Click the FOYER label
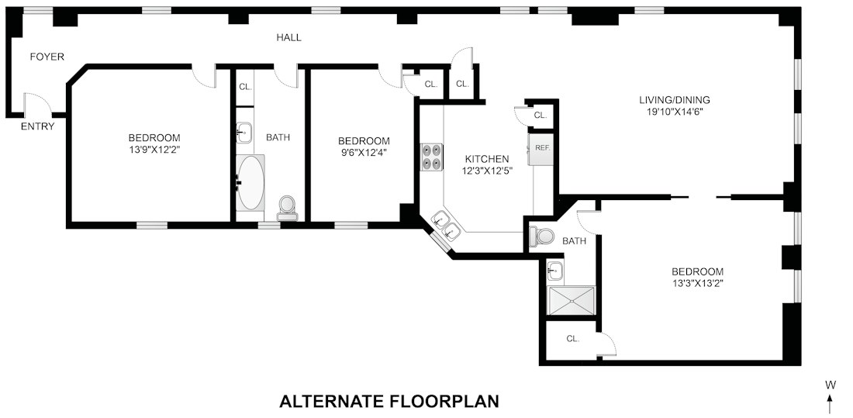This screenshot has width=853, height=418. (47, 57)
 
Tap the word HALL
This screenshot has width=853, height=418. (289, 37)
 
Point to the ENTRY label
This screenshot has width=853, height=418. (37, 127)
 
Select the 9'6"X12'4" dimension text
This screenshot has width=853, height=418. (364, 152)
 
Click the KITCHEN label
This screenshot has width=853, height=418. (487, 159)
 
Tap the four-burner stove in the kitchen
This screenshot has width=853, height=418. (432, 157)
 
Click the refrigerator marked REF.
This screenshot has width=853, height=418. (541, 147)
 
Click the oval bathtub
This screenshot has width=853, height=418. (250, 182)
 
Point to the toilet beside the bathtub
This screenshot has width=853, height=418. (287, 209)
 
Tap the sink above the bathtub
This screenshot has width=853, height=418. (243, 133)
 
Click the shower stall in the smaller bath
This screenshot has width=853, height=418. (572, 301)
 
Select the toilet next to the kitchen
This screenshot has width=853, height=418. (541, 237)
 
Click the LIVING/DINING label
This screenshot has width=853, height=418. (675, 100)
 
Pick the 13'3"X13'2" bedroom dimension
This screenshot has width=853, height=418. (697, 282)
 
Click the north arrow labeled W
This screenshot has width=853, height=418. (830, 396)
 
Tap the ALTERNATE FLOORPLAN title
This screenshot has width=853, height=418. (389, 402)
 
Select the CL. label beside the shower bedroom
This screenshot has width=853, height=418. (572, 339)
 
